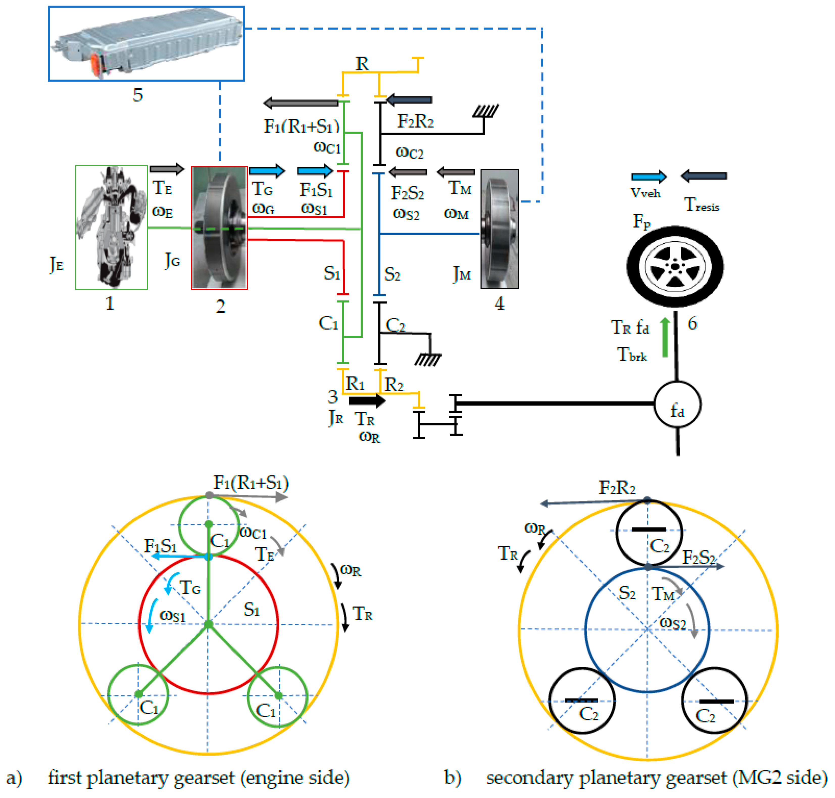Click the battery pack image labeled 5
coord(146,43)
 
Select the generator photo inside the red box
coord(219,228)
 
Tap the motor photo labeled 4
coord(499,229)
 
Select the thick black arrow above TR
coord(367,400)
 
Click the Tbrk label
coord(632,354)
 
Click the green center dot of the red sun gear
coord(208,624)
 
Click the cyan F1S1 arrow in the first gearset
coord(180,556)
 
